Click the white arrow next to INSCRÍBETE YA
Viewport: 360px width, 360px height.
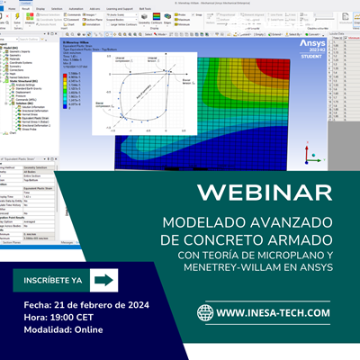coord(104,280)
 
